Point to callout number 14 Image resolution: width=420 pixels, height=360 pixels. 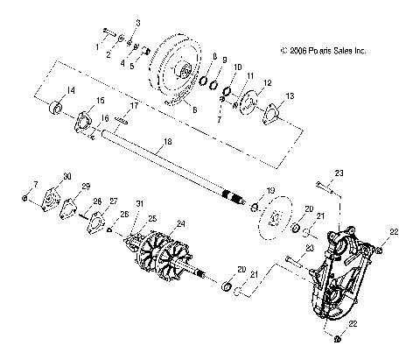pyautogui.click(x=47, y=90)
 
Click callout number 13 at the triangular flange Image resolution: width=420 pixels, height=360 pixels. pyautogui.click(x=290, y=95)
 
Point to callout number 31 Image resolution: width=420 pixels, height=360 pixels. pyautogui.click(x=139, y=229)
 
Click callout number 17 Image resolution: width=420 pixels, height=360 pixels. pyautogui.click(x=135, y=106)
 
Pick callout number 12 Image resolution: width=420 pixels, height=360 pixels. pyautogui.click(x=267, y=83)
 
